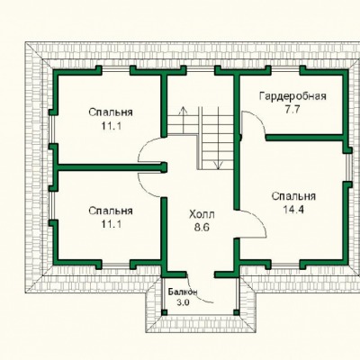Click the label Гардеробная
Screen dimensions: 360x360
click(292, 97)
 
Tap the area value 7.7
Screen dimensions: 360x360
click(292, 110)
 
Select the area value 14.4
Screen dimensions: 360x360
click(293, 210)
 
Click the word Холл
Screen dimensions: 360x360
click(202, 215)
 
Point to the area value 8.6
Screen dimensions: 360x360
click(202, 228)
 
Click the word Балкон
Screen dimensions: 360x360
click(183, 292)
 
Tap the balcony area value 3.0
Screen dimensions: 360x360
click(183, 302)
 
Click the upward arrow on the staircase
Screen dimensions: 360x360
click(182, 115)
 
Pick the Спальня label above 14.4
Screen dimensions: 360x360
click(293, 196)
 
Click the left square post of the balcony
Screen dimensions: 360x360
click(164, 312)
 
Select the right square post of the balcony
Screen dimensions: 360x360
click(237, 312)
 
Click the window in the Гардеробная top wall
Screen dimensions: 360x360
click(285, 70)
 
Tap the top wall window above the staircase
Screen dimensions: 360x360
click(201, 70)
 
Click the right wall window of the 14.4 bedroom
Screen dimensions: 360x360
click(348, 167)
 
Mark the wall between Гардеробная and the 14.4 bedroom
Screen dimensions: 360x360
click(304, 138)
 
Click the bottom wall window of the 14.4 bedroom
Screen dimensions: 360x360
click(285, 265)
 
